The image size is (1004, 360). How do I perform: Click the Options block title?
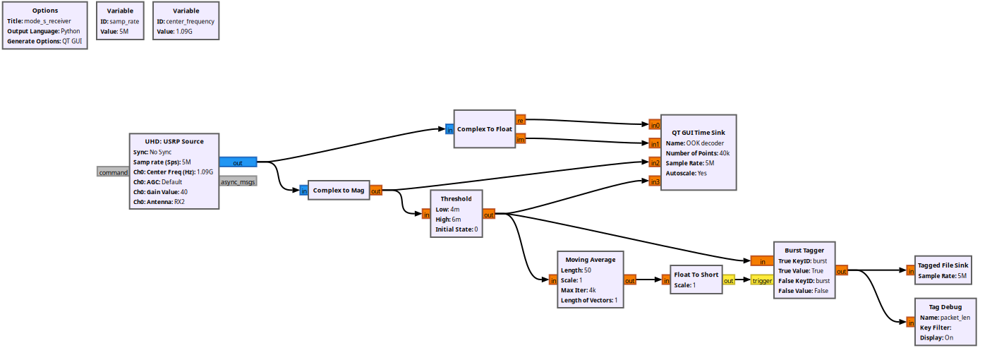[x=45, y=11]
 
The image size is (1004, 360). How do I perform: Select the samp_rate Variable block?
[x=120, y=20]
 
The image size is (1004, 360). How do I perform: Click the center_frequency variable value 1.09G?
[x=186, y=32]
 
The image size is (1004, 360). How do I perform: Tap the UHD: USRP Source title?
[x=174, y=141]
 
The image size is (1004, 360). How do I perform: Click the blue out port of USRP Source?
[x=238, y=162]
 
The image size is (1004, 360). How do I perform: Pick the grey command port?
[x=113, y=172]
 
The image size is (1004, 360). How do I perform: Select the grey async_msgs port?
[x=238, y=181]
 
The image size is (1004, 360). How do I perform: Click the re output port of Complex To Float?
[x=520, y=120]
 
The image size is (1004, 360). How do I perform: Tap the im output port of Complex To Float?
[x=520, y=139]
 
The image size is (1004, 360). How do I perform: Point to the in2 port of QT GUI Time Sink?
[x=655, y=163]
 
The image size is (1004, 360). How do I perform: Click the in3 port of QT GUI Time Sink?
[x=655, y=181]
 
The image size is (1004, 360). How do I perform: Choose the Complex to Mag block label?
[x=338, y=190]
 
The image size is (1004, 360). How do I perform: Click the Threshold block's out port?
[x=488, y=215]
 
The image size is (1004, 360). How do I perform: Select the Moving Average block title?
[x=591, y=260]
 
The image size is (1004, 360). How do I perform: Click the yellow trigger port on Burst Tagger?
[x=761, y=280]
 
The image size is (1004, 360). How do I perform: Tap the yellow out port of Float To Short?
[x=728, y=280]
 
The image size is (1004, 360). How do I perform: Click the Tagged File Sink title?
[x=943, y=265]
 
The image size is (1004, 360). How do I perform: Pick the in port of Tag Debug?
[x=911, y=323]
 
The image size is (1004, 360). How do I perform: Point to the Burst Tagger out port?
[x=841, y=270]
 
